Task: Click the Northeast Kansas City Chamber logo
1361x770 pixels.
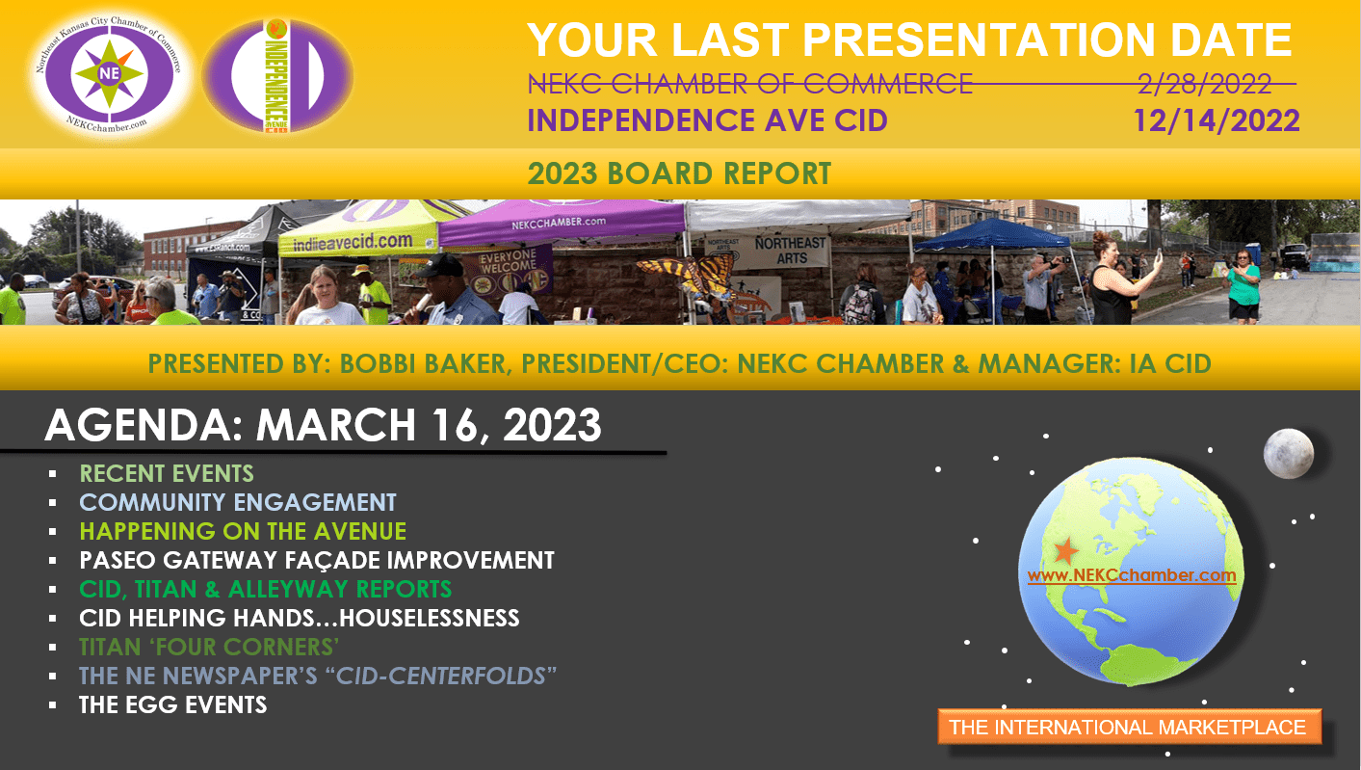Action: tap(110, 74)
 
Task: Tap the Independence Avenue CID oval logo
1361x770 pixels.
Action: tap(277, 75)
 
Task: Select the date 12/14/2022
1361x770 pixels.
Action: tap(1217, 120)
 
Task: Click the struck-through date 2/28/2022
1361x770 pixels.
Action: tap(1204, 84)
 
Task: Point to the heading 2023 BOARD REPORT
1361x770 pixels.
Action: tap(679, 173)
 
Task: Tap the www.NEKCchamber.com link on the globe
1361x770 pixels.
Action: tap(1132, 575)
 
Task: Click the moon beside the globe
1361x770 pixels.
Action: tap(1288, 453)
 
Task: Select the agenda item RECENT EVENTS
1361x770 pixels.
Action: tap(167, 473)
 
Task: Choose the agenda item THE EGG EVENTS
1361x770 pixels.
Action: tap(173, 705)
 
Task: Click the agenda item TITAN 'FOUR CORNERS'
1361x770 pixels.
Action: tap(209, 648)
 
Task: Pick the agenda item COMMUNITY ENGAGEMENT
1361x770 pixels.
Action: tap(238, 503)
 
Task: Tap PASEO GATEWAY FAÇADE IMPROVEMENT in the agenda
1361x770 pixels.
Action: tap(317, 560)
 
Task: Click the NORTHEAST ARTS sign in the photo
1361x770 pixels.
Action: tap(791, 251)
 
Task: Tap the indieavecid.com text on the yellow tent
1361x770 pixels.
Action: tap(353, 243)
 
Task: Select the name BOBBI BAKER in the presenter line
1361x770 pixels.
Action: tap(422, 364)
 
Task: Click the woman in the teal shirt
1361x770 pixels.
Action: tap(1243, 284)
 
